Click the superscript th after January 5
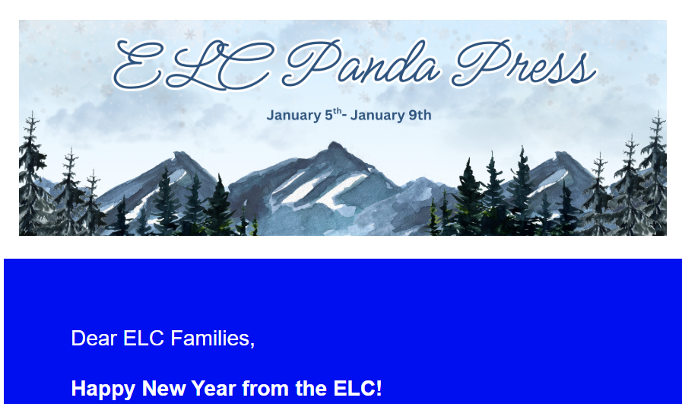[x=338, y=111]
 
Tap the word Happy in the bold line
[x=103, y=389]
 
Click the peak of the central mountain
[x=329, y=144]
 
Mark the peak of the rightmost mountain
[x=564, y=154]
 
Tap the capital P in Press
[x=475, y=65]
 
